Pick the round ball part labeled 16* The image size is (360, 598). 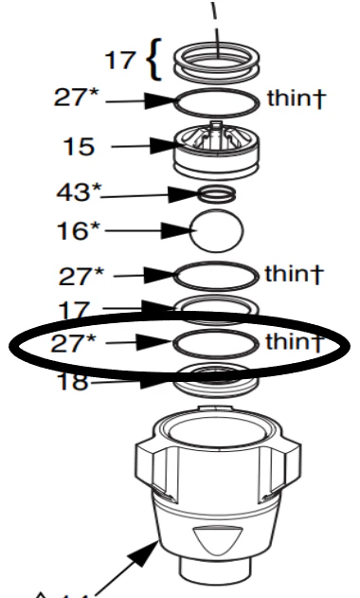[x=217, y=228]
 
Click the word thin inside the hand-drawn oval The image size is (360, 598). [x=282, y=342]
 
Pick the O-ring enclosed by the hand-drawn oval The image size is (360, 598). [x=217, y=342]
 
